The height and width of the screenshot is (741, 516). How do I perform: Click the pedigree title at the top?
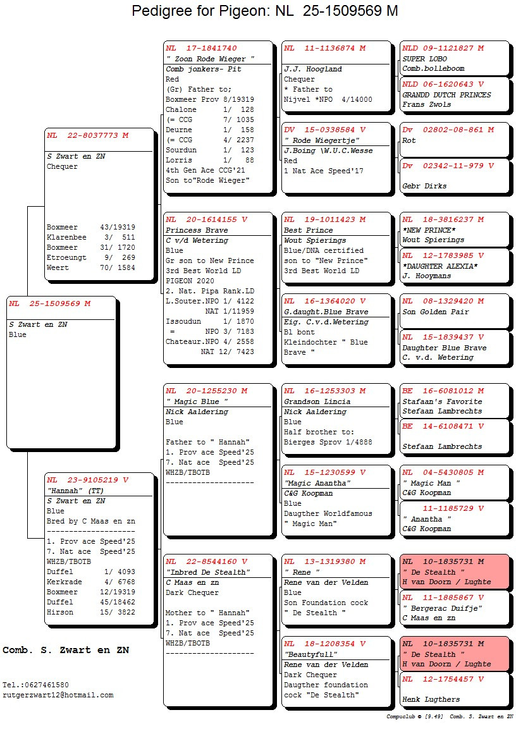[265, 11]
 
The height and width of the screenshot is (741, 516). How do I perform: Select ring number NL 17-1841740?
[201, 48]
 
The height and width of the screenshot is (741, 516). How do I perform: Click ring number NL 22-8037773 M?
[87, 135]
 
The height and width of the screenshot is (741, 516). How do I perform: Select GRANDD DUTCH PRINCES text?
[446, 95]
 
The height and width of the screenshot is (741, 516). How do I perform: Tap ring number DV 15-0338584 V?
[324, 130]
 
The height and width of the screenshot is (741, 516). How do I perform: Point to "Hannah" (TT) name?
[75, 491]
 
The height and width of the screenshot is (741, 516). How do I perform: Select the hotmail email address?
[58, 695]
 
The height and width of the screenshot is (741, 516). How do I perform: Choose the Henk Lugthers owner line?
[431, 699]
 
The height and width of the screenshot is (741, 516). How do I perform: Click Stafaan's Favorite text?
[442, 401]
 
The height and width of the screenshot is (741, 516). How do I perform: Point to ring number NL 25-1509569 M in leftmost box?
[49, 303]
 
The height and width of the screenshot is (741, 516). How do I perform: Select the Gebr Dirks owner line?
[424, 186]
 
